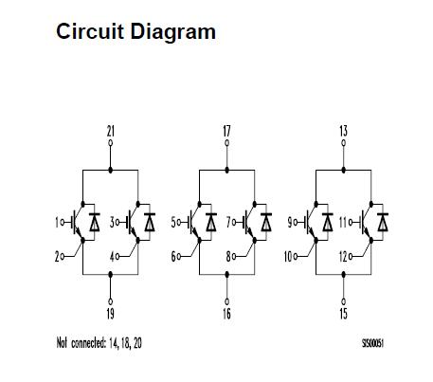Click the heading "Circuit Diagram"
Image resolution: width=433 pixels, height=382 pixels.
(135, 31)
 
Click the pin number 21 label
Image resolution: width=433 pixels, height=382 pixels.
(111, 131)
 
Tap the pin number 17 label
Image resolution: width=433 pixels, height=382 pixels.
(226, 131)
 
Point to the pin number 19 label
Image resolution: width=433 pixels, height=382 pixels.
(111, 313)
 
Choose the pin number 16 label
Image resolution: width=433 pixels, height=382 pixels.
(226, 313)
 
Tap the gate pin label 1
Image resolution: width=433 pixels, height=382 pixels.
(58, 222)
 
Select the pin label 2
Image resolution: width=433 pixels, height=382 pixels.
(58, 256)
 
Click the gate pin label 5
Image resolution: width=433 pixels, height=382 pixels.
(173, 222)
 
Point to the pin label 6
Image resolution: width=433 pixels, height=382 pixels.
(173, 256)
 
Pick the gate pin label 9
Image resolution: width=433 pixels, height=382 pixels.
(289, 222)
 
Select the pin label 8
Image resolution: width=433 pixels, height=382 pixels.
(229, 256)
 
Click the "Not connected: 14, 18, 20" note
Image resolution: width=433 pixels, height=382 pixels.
(99, 342)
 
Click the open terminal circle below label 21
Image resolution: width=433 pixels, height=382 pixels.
(111, 144)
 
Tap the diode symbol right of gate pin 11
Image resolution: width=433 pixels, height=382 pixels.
(382, 222)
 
